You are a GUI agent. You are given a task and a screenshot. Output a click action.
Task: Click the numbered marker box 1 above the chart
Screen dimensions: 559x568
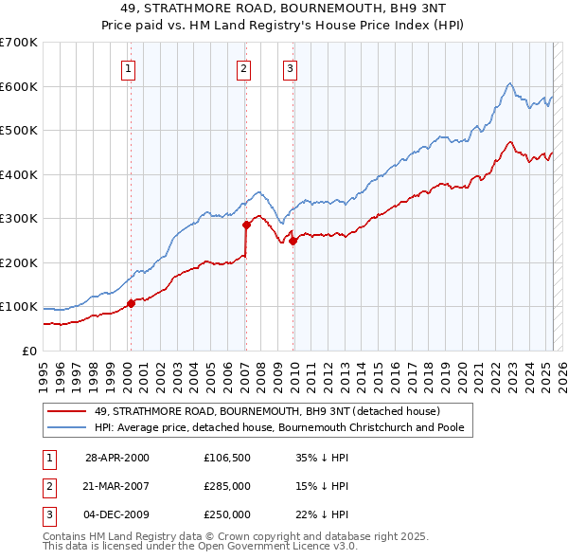[x=128, y=67]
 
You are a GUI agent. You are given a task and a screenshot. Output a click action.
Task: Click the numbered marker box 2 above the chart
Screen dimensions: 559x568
[x=243, y=67]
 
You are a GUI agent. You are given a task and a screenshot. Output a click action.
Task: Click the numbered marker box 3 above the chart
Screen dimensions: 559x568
[x=289, y=67]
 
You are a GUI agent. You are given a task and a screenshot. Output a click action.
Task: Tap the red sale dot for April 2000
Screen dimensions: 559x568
[x=131, y=304]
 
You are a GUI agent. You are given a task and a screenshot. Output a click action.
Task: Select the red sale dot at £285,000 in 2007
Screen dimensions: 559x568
[x=246, y=225]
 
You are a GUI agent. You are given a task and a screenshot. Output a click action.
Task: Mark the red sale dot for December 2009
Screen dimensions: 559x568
[x=293, y=241]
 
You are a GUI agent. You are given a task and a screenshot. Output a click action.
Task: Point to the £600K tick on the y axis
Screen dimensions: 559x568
[x=19, y=86]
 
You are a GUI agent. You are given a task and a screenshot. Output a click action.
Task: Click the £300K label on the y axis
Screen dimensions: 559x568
[x=19, y=219]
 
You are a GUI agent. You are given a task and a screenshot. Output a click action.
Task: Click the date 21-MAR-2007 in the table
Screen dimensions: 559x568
[x=117, y=486]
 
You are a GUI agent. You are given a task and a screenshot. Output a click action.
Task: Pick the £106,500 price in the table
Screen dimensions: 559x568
[x=226, y=458]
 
